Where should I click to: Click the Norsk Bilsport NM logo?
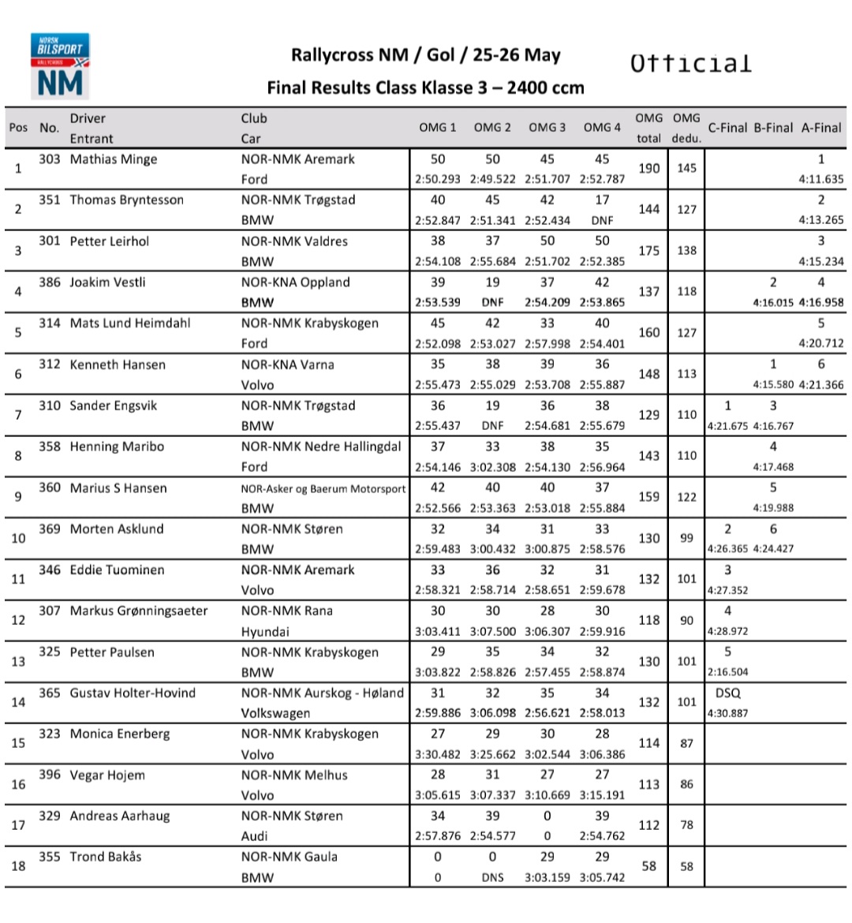(x=61, y=65)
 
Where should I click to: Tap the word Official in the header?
(x=690, y=64)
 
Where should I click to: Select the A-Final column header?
(x=821, y=128)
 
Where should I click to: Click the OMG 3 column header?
(x=547, y=128)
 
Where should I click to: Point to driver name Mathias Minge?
(x=114, y=159)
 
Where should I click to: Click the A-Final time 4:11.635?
(x=821, y=179)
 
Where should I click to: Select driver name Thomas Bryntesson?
(x=126, y=200)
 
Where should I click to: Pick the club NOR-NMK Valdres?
(x=294, y=241)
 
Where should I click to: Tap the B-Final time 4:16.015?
(x=773, y=302)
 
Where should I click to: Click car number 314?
(x=50, y=323)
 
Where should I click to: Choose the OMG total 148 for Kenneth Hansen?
(x=649, y=374)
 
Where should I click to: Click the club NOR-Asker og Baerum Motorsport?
(x=323, y=488)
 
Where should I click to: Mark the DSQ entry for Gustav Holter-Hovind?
(x=727, y=693)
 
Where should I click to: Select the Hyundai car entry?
(x=265, y=631)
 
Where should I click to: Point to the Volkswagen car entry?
(x=275, y=713)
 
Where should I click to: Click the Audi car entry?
(x=254, y=836)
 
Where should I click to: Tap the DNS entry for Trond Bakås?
(x=492, y=877)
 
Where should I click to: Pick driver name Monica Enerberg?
(x=120, y=734)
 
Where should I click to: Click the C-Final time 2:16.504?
(x=727, y=672)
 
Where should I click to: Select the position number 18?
(x=19, y=866)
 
